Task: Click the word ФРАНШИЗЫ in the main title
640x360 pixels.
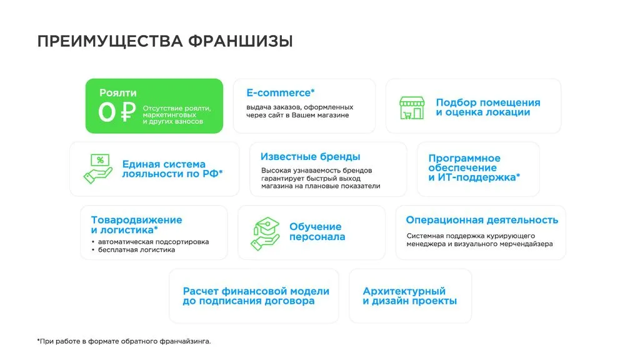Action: [x=241, y=42]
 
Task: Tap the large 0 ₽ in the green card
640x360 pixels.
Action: [x=117, y=112]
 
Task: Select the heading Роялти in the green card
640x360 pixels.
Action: [x=118, y=92]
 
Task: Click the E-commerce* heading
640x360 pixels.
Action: [x=281, y=92]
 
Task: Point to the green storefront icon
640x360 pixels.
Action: [x=412, y=107]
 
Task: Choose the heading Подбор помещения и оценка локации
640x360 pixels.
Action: [x=488, y=107]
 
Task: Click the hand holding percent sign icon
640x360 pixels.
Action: [x=98, y=169]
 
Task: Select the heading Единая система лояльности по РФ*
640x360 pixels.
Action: [x=172, y=169]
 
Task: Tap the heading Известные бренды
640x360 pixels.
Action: [x=310, y=157]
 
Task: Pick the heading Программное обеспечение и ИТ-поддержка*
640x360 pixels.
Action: [x=474, y=167]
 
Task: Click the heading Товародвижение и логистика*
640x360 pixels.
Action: [x=136, y=225]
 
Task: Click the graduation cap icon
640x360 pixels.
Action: [x=265, y=233]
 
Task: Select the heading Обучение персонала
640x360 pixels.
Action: [x=317, y=231]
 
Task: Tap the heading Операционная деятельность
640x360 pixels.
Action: [x=482, y=220]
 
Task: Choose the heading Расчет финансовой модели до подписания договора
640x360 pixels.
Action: [x=256, y=296]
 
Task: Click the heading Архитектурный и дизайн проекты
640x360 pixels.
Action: [x=410, y=296]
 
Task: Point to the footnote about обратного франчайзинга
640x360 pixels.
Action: [x=124, y=341]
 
